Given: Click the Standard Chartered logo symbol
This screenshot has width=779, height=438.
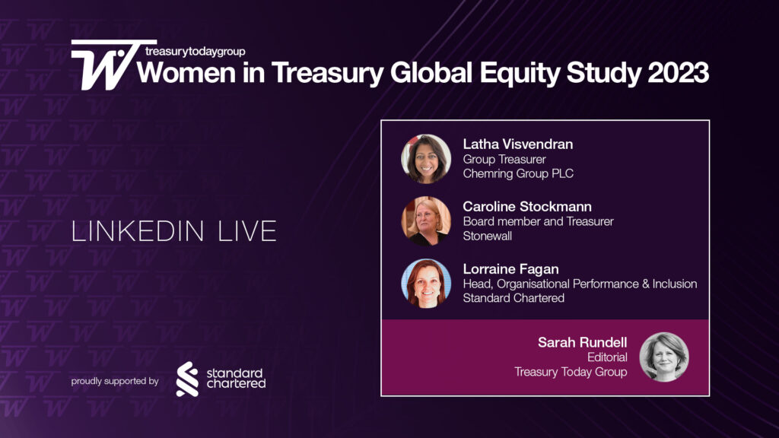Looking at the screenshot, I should (187, 379).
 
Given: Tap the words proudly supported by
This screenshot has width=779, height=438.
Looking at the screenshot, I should (115, 381).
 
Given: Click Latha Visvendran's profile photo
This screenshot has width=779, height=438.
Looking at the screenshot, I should (426, 159).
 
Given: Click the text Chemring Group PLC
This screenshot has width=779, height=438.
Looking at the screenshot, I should (517, 173).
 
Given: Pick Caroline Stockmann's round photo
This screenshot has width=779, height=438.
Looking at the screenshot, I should (426, 221).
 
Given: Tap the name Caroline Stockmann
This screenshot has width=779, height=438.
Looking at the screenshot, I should (526, 206).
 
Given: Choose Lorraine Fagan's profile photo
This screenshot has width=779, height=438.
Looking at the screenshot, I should (426, 284).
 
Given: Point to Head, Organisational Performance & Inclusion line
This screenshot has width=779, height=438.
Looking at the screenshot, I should (580, 284).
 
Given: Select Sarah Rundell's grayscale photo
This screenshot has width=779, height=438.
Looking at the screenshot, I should (663, 357).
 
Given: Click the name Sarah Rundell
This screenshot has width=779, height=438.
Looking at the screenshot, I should (583, 341).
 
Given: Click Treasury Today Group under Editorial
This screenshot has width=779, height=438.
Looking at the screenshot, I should (571, 372).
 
